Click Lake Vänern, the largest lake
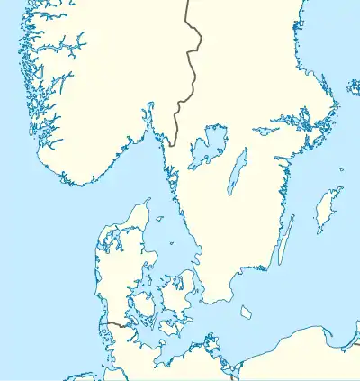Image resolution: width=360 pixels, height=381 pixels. [x=206, y=146]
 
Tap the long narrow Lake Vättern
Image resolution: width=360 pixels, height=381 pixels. [x=236, y=171]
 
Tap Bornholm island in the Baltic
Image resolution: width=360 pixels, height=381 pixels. [x=246, y=313]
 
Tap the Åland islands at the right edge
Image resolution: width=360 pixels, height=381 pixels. [x=354, y=87]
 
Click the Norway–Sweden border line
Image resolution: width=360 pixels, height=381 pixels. [x=191, y=54]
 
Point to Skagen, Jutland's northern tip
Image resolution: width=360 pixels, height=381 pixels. [x=147, y=200]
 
